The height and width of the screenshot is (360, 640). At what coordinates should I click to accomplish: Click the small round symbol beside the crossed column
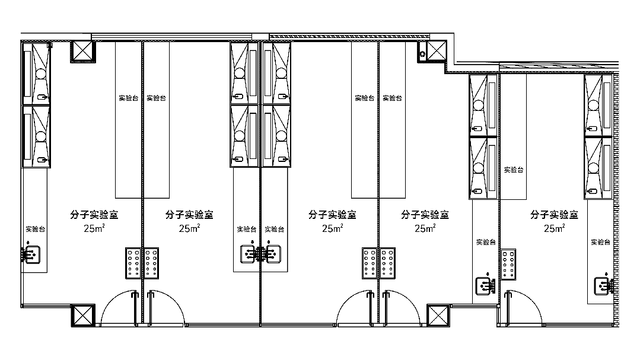pos(422,54)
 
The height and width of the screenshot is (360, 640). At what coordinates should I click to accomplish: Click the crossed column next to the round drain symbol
pos(437,51)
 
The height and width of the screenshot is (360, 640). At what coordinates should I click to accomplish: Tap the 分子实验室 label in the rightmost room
pos(554,215)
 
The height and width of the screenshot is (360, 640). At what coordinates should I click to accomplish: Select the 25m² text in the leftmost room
pos(94,228)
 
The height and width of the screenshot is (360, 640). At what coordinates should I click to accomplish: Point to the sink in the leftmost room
pos(31,254)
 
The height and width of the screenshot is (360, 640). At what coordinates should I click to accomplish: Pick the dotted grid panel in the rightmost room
pos(508,265)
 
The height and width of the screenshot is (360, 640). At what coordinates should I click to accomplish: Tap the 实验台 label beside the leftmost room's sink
pos(36,230)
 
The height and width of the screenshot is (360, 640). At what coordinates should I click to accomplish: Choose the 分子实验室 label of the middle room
pos(332,215)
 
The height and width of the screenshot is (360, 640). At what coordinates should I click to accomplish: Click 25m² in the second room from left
pos(189,228)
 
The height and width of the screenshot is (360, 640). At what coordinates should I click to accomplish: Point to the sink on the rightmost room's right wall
pos(604,286)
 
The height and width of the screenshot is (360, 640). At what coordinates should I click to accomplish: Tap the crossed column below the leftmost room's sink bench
pos(83,316)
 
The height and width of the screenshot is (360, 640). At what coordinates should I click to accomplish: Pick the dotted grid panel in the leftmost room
pos(133,263)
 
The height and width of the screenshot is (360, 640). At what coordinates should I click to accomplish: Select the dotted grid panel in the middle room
pos(370,263)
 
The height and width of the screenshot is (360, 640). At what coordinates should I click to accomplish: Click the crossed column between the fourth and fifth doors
pos(438,316)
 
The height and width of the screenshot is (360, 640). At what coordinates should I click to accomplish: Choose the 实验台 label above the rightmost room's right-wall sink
pos(600,242)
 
